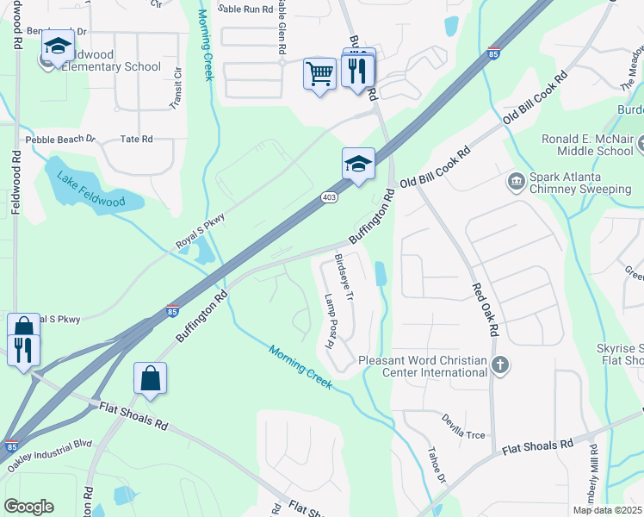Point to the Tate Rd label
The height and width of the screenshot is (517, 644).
coord(136,139)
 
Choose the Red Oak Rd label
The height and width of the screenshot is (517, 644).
coord(485,311)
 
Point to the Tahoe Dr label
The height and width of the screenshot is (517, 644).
coord(437,465)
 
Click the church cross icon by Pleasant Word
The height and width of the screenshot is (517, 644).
coord(500,366)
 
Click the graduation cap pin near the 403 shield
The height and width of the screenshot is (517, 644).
coord(357,163)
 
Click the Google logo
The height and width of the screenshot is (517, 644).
coord(28,507)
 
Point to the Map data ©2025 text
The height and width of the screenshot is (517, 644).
coord(606,510)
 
